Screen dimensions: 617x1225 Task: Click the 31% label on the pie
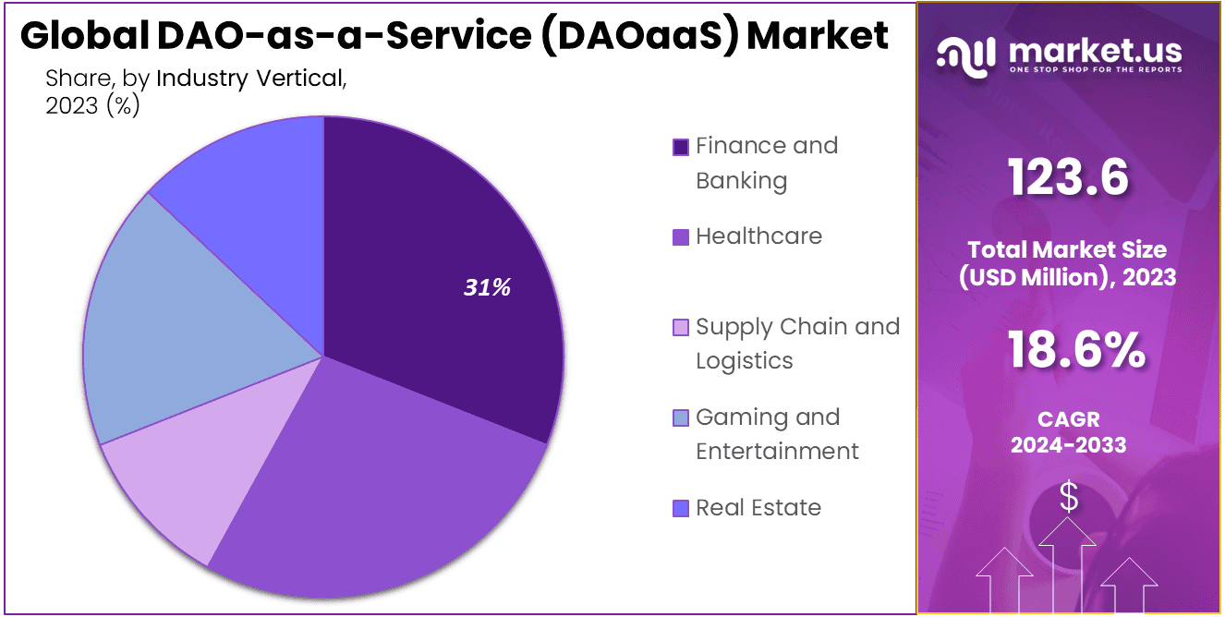pyautogui.click(x=487, y=288)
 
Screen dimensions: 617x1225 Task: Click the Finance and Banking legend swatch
pyautogui.click(x=681, y=147)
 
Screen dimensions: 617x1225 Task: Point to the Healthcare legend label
pyautogui.click(x=758, y=236)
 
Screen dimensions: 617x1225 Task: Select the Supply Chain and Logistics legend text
pyautogui.click(x=797, y=343)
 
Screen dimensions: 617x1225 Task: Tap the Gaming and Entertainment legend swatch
pyautogui.click(x=681, y=418)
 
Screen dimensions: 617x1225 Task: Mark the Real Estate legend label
pyautogui.click(x=758, y=508)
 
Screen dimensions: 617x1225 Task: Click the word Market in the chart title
pyautogui.click(x=818, y=36)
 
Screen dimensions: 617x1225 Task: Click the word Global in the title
pyautogui.click(x=82, y=36)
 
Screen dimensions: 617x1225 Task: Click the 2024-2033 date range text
pyautogui.click(x=1068, y=445)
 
